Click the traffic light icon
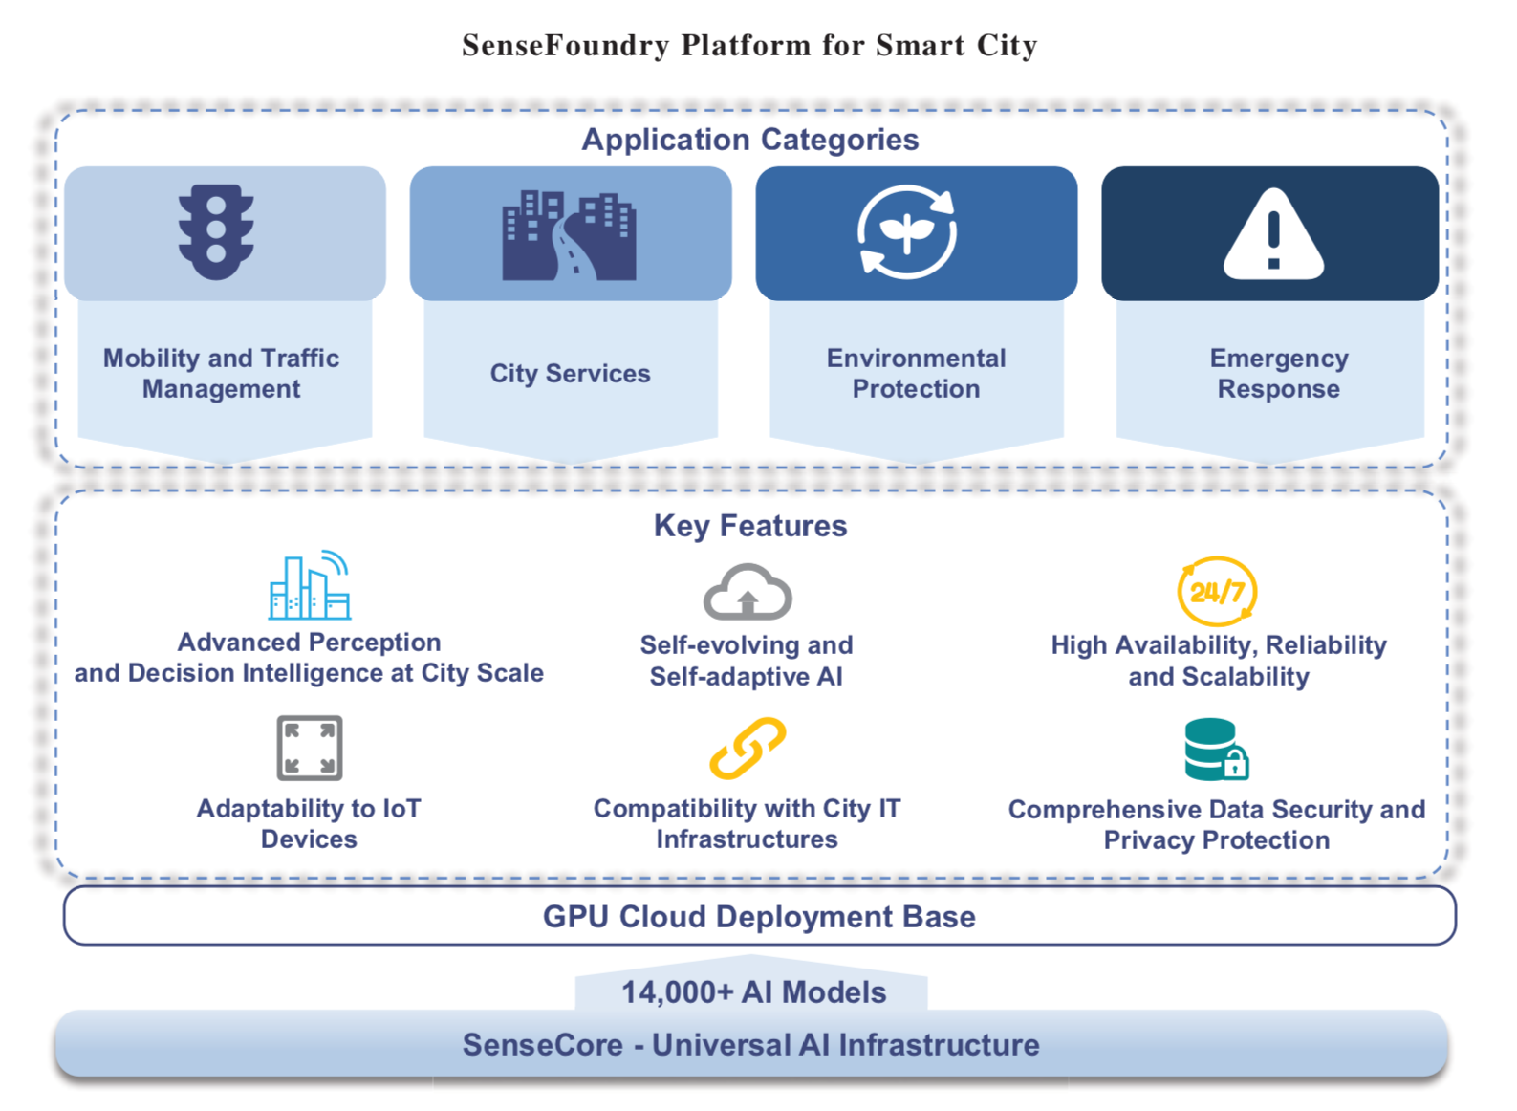[216, 232]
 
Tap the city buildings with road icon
[569, 235]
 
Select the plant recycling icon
[907, 232]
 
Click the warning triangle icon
[1273, 233]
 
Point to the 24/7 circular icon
[1217, 591]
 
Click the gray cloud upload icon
[748, 592]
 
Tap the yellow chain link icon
[748, 748]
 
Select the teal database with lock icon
[1217, 750]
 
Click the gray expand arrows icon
[310, 748]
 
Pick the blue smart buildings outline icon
[310, 584]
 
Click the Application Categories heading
[750, 140]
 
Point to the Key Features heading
[750, 526]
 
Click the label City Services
[571, 373]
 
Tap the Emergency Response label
[1279, 373]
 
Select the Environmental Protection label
[917, 373]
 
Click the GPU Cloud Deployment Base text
[759, 917]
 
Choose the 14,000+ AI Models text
[754, 992]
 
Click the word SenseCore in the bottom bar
[542, 1045]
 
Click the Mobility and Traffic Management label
[222, 373]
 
